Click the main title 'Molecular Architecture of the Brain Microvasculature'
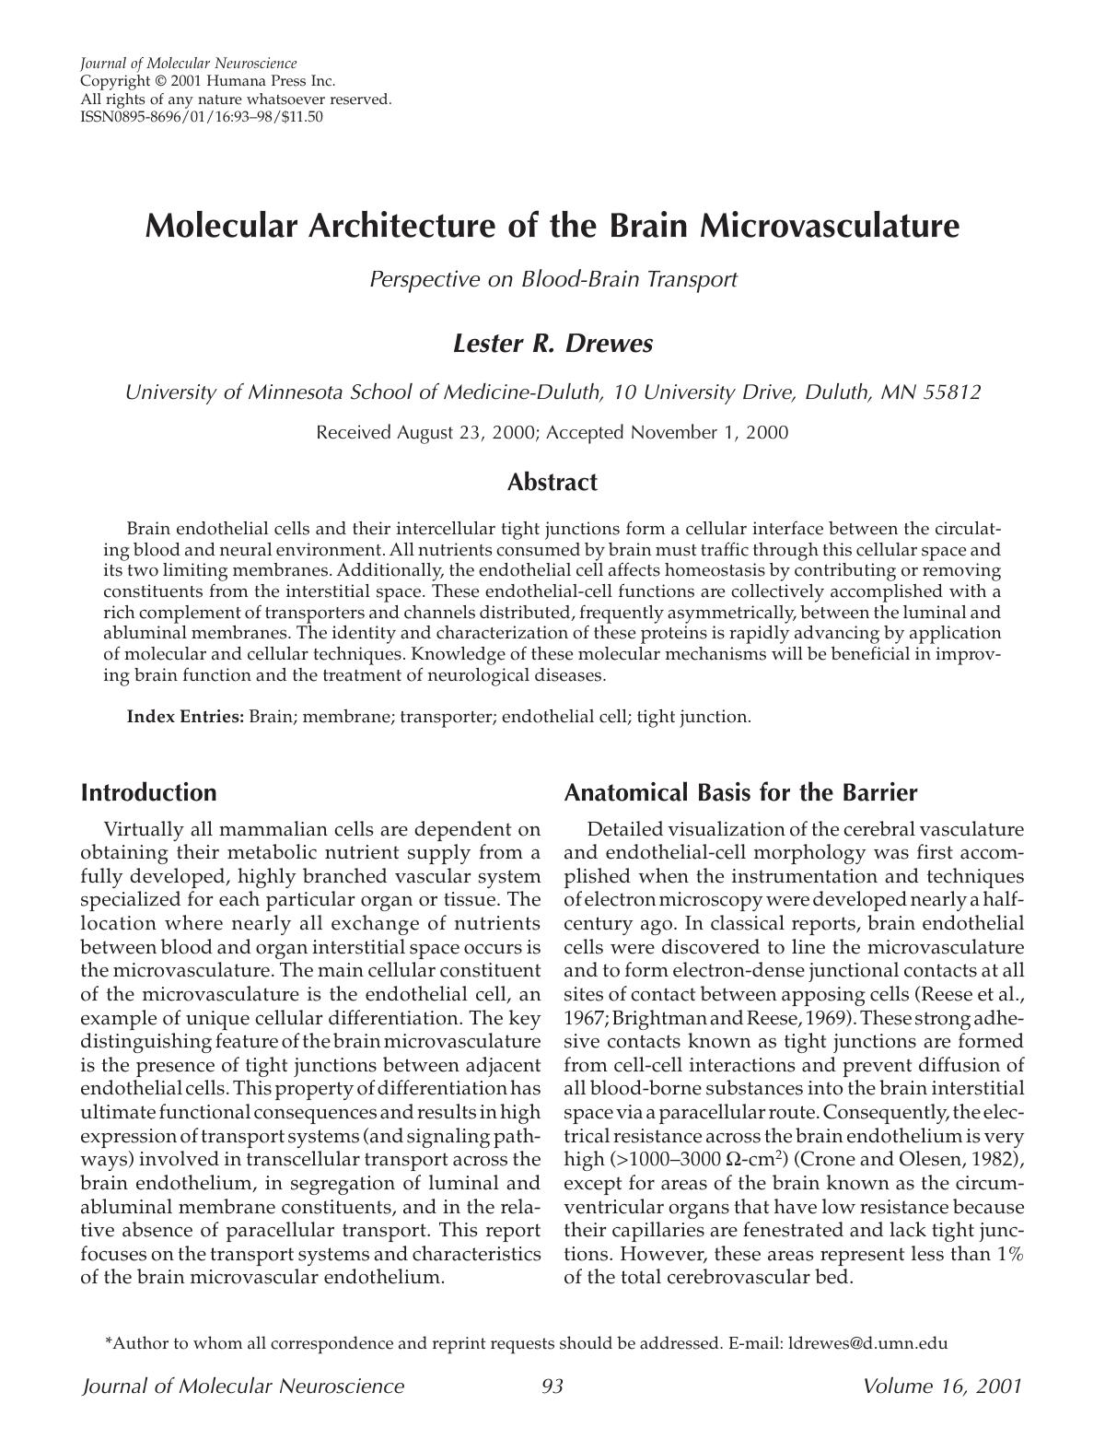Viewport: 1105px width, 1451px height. [552, 226]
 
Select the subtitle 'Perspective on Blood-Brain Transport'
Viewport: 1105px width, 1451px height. [552, 279]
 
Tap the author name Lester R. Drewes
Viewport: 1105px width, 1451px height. [552, 344]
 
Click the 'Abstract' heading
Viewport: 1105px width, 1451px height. [552, 482]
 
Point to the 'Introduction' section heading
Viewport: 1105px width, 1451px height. [148, 792]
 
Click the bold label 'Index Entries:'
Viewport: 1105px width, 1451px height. [185, 716]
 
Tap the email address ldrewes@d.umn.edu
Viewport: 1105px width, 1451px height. [867, 1343]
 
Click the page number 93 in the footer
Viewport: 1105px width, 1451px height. [552, 1387]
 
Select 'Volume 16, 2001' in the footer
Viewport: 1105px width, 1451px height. [942, 1387]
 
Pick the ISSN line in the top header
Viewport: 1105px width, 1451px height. [202, 117]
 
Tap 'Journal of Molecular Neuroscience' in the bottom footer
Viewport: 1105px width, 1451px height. [243, 1387]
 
